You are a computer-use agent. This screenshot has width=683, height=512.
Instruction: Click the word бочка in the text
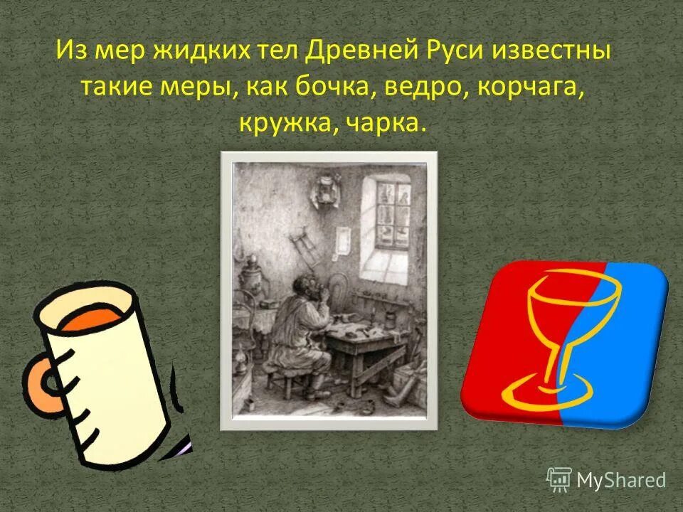tap(340, 89)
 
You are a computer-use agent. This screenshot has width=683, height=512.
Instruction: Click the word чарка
tap(387, 124)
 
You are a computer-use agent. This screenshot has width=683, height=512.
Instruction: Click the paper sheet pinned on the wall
tap(343, 240)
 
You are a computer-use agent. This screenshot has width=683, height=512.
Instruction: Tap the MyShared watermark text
tap(621, 480)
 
